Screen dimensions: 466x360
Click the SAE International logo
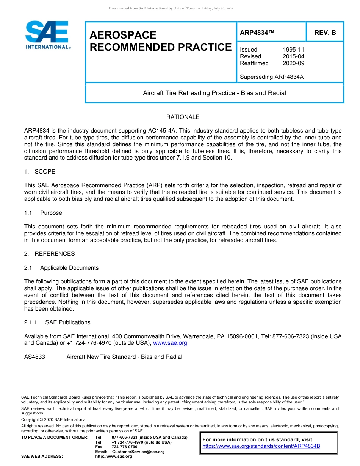tap(47, 34)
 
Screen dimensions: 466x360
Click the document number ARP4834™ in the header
tap(257, 33)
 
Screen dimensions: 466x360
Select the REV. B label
tap(325, 33)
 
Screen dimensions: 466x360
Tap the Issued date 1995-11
tap(293, 50)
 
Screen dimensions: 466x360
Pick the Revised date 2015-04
tap(293, 56)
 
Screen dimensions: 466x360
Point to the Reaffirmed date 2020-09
tap(293, 63)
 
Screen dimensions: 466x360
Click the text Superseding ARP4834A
tap(272, 77)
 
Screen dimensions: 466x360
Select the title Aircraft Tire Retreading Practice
tap(214, 93)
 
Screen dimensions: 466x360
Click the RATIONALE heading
tap(183, 117)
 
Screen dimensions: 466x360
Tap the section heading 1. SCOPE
tap(40, 172)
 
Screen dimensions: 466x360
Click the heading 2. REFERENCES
tap(50, 254)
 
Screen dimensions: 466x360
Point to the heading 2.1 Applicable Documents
tap(61, 268)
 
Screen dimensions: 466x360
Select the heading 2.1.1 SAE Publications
tap(57, 322)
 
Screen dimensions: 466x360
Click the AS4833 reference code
tap(34, 357)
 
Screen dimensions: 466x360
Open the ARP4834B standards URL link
tap(261, 446)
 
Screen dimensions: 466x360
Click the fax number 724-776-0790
tap(125, 447)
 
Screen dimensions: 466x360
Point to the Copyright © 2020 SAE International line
tap(54, 419)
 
